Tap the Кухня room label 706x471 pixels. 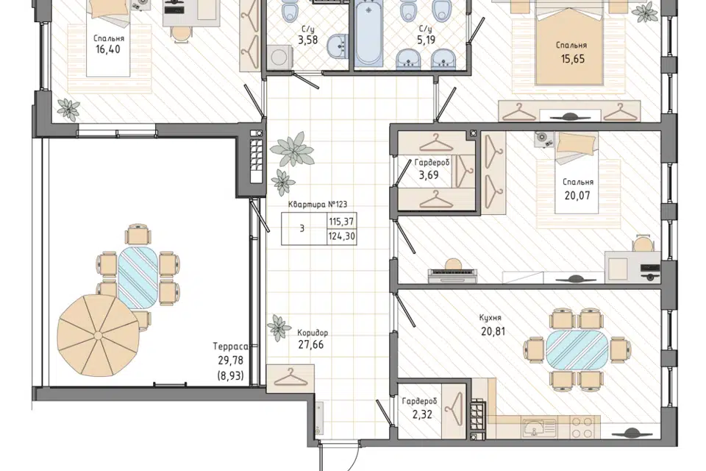pos(491,318)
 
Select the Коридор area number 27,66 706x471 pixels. pos(310,345)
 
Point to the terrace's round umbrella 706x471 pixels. pos(98,336)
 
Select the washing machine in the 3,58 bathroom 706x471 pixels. pos(279,58)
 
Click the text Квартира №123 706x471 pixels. pos(318,204)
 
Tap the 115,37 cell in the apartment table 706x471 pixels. pos(341,222)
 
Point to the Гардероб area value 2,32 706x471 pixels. pos(422,414)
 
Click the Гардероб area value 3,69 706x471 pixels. pos(429,175)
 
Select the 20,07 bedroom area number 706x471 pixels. pos(577,196)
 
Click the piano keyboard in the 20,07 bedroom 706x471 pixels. pos(452,275)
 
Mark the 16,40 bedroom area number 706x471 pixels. pos(108,49)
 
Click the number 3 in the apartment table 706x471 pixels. pos(302,229)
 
